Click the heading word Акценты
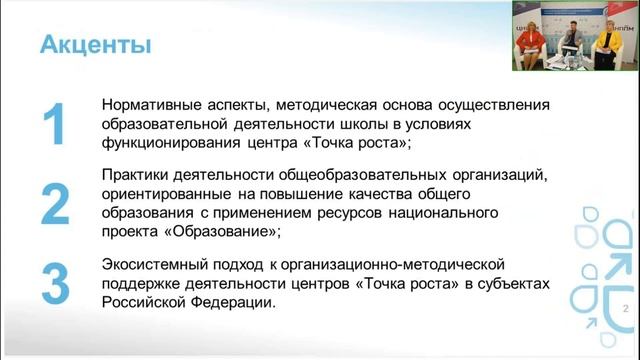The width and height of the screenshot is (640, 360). coord(95,45)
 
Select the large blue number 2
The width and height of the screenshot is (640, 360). coord(56,205)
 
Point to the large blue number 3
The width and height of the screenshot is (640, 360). coord(56,283)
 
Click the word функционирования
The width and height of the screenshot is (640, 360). coord(166,143)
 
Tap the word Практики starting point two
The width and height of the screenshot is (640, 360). coord(134,177)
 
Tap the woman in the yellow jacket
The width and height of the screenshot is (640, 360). coord(607,48)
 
